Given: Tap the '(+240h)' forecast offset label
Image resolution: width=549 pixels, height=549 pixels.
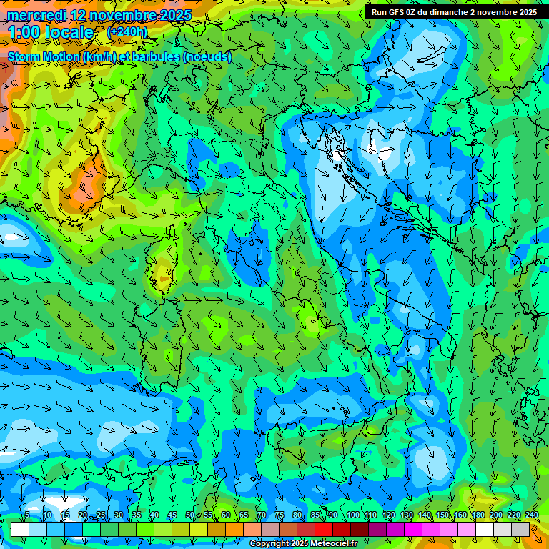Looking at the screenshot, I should tap(127, 31).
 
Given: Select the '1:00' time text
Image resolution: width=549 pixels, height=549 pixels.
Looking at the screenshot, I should tap(23, 32).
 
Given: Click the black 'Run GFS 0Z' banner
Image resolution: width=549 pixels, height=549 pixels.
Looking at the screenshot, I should tap(454, 12).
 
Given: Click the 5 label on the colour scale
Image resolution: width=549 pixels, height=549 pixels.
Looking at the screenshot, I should tap(27, 515).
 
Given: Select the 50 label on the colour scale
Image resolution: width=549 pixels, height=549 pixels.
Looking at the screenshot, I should tap(190, 515).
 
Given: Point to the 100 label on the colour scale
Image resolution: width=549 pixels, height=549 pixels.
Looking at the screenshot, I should tap(352, 515).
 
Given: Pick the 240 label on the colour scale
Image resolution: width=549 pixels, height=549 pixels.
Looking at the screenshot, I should tap(531, 515).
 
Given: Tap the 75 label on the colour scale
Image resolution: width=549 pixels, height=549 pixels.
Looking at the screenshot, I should tap(280, 515).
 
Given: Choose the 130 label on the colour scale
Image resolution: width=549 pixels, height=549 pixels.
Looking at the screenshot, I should tap(406, 515).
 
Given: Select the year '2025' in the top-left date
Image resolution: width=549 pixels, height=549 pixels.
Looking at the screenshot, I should tap(175, 15).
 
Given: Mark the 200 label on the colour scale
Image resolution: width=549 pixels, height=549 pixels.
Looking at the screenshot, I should tap(495, 515).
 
